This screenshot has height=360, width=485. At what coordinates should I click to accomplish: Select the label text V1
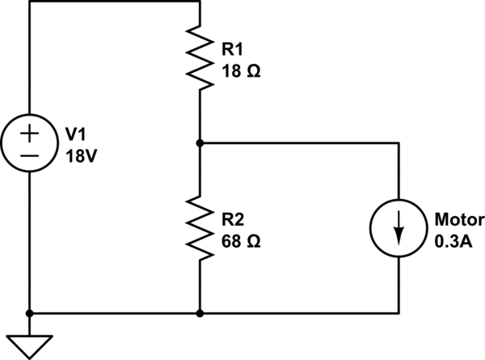pos(74,134)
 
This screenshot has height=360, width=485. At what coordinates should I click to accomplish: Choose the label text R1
pos(233,48)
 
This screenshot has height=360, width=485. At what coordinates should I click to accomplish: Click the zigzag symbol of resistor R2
pos(199,229)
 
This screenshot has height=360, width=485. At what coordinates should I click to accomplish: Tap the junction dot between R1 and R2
pos(199,142)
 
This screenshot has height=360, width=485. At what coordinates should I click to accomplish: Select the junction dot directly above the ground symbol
pos(29,311)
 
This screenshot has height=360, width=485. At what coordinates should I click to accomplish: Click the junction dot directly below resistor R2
pos(199,311)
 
